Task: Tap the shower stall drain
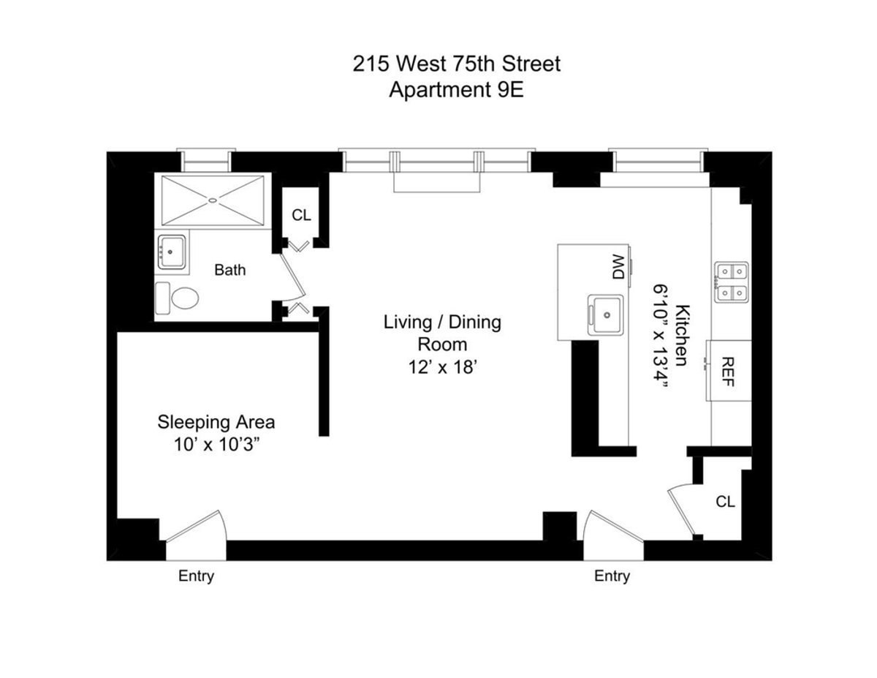[213, 200]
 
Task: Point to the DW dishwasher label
[618, 267]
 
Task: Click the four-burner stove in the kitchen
[730, 282]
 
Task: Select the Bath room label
[229, 270]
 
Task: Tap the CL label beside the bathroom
[301, 215]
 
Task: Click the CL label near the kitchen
[725, 502]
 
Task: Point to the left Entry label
[197, 576]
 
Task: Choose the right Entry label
[612, 576]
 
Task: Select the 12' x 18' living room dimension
[443, 368]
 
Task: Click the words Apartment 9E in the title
[457, 91]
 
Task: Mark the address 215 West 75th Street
[457, 64]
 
